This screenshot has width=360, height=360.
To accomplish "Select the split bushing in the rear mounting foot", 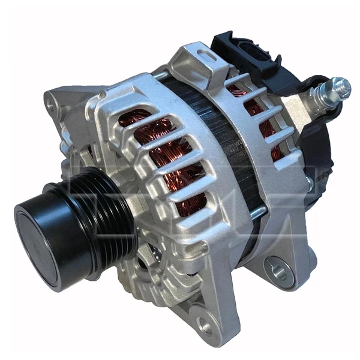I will [277, 268].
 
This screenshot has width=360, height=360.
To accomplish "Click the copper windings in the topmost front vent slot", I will [133, 117].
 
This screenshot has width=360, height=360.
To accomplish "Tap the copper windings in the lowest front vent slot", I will [192, 204].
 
